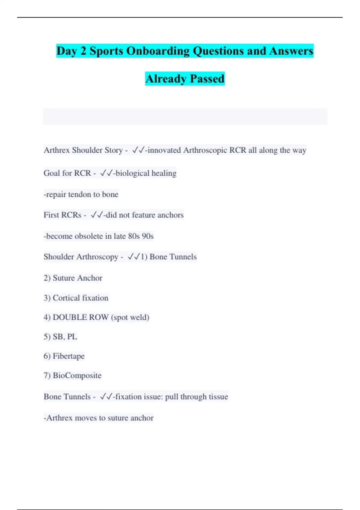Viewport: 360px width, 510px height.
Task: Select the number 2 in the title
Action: pos(83,51)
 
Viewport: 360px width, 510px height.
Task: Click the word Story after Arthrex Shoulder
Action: pos(112,150)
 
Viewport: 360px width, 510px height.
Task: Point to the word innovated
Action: pos(164,150)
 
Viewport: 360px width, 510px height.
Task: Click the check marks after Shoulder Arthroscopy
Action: pos(134,257)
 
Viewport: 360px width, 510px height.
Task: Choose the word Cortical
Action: pos(66,298)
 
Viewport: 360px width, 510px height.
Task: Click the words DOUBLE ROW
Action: pos(80,317)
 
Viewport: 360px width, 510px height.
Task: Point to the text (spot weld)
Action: pos(130,317)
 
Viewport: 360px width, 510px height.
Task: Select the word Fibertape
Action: pos(69,356)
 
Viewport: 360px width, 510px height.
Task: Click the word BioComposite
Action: pos(77,376)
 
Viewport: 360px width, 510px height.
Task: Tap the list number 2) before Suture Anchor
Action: pos(47,278)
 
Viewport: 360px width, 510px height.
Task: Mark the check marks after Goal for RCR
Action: pos(106,173)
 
